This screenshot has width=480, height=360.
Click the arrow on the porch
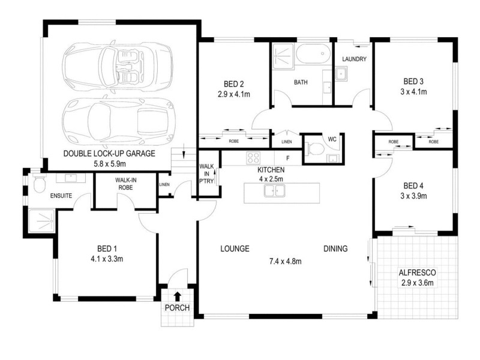(178, 296)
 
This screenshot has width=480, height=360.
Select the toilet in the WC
(313, 149)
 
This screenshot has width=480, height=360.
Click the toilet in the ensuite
(40, 184)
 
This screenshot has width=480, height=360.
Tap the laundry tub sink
(341, 74)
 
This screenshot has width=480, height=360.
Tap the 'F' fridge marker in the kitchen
(288, 159)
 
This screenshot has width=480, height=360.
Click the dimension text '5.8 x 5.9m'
(109, 163)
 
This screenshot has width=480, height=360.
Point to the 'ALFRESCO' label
(417, 272)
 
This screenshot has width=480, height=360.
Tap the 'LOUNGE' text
(235, 248)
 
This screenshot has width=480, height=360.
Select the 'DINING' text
(335, 248)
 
